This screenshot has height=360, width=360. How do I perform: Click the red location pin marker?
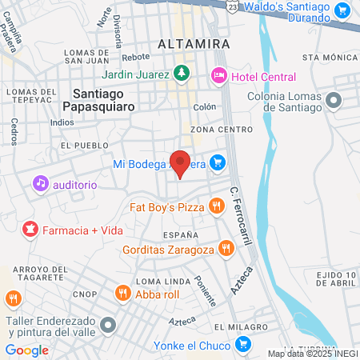pyautogui.click(x=181, y=163)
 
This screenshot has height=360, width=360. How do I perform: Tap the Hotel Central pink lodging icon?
pyautogui.click(x=218, y=76)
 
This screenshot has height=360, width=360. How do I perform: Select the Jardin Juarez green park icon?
pyautogui.click(x=182, y=73)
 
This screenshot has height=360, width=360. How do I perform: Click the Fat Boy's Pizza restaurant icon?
pyautogui.click(x=216, y=207)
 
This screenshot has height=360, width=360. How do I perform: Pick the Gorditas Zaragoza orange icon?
pyautogui.click(x=226, y=249)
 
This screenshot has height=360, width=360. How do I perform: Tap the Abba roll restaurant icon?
pyautogui.click(x=122, y=293)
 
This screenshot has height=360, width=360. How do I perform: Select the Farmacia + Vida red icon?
pyautogui.click(x=30, y=230)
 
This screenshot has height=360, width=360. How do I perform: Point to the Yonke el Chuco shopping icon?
pyautogui.click(x=244, y=345)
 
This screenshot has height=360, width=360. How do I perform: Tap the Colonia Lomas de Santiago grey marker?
pyautogui.click(x=334, y=100)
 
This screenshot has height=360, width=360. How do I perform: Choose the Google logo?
pyautogui.click(x=26, y=350)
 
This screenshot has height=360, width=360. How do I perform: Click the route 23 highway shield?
pyautogui.click(x=231, y=6)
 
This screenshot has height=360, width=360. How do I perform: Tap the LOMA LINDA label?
pyautogui.click(x=156, y=282)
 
